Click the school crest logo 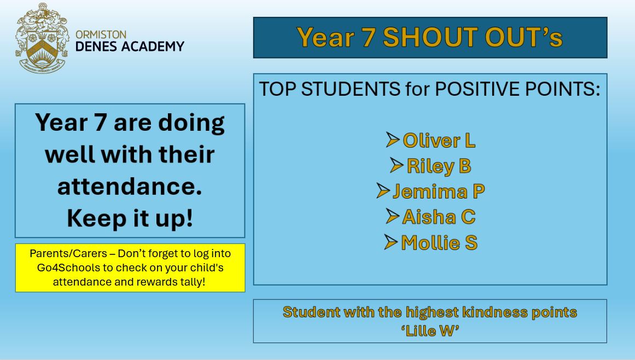point(41,38)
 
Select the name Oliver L point(439,141)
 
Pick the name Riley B point(439,166)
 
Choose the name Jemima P point(439,191)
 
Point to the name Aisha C point(439,217)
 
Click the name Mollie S point(439,242)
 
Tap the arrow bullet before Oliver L point(392,140)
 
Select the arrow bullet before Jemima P point(383,191)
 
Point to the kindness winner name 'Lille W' point(430,330)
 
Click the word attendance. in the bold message point(130,187)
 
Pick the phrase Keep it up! point(130,218)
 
